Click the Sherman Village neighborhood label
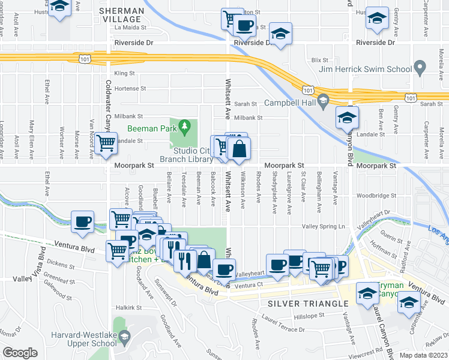122,15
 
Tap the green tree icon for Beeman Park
185,125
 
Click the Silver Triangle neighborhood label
306,304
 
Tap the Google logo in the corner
20,353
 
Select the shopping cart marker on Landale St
106,143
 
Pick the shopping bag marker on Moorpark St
239,150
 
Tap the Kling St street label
125,73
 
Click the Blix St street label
320,60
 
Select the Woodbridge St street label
376,196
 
